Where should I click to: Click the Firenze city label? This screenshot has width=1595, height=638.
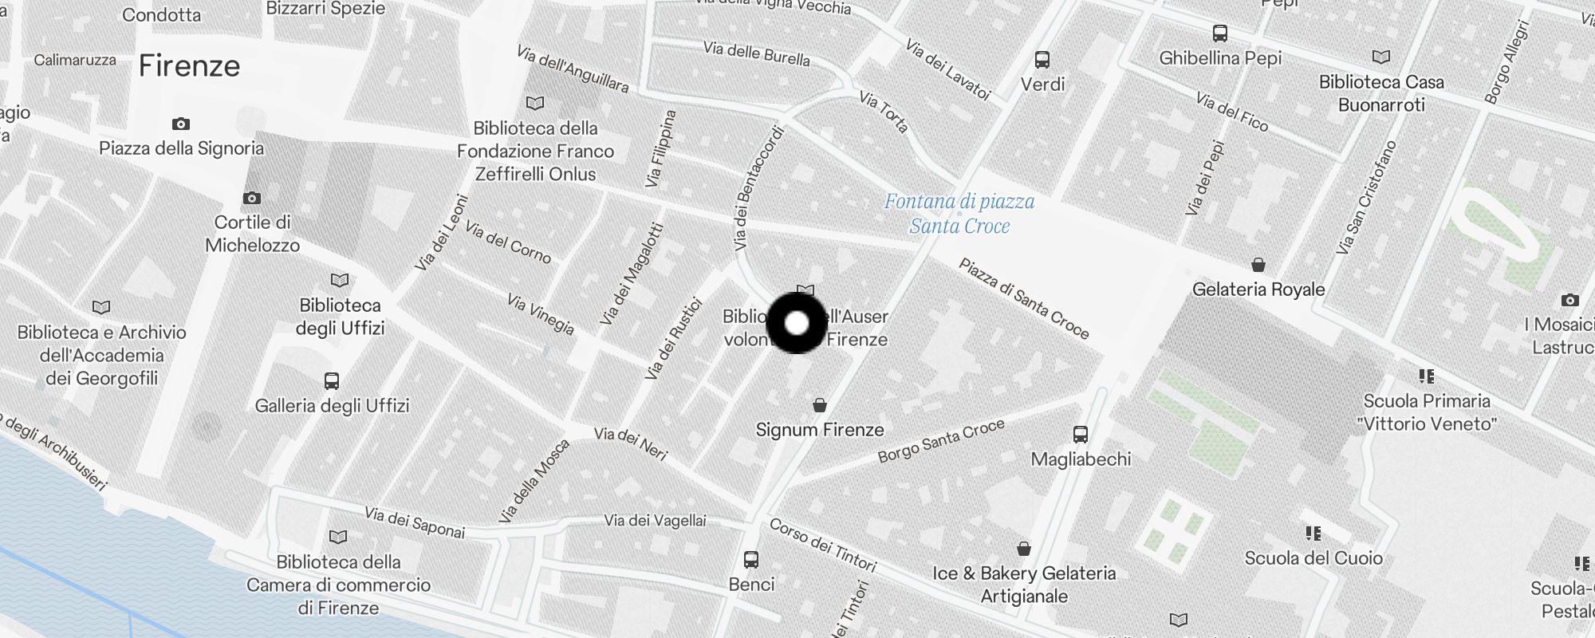(x=189, y=66)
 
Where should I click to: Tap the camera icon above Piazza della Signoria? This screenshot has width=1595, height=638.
(x=181, y=124)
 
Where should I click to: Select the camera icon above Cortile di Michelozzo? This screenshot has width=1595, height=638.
(x=252, y=198)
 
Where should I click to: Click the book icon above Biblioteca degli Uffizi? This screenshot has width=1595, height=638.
(x=340, y=280)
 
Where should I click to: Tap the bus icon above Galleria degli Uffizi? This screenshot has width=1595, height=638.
(x=332, y=381)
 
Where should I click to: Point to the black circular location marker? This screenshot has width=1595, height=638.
(x=797, y=323)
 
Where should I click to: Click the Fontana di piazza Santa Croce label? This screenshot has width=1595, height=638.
(x=959, y=214)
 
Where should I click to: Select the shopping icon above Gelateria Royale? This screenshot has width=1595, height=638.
(x=1258, y=265)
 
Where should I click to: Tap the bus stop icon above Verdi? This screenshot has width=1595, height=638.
(x=1042, y=60)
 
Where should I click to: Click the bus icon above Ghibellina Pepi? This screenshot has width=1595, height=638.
(x=1220, y=33)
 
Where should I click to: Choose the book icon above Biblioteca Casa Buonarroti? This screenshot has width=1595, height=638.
(x=1381, y=57)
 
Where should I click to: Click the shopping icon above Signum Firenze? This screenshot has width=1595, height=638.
(x=819, y=405)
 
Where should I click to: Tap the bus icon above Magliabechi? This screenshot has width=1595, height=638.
(x=1081, y=435)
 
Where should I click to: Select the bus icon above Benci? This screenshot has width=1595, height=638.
(x=751, y=560)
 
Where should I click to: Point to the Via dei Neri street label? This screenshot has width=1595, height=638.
(x=631, y=443)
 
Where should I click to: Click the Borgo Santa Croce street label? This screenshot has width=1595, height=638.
(x=941, y=441)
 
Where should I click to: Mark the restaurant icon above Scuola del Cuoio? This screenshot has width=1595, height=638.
(x=1313, y=534)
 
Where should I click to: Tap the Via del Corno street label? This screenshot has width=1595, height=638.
(x=508, y=242)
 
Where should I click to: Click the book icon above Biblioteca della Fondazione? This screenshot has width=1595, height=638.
(x=535, y=103)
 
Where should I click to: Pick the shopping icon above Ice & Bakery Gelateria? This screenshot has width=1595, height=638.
(x=1024, y=549)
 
